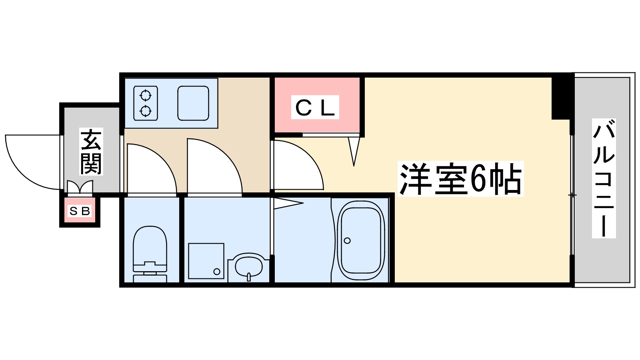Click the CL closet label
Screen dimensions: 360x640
[x=315, y=107]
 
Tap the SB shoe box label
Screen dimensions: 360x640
[x=80, y=211]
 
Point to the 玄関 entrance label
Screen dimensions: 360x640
[x=91, y=151]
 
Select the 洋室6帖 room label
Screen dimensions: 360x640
[x=460, y=179]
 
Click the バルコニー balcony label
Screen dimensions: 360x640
[x=603, y=178]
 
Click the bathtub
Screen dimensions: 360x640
[x=361, y=240]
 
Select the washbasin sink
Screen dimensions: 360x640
[x=248, y=266]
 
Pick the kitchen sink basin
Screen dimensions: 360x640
[x=193, y=103]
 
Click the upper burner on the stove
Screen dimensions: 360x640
[x=145, y=96]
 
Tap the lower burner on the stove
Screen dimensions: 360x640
[x=145, y=111]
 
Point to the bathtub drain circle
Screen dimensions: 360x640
[x=347, y=240]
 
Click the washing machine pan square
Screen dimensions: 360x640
[x=206, y=261]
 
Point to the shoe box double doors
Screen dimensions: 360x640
[x=80, y=187]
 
